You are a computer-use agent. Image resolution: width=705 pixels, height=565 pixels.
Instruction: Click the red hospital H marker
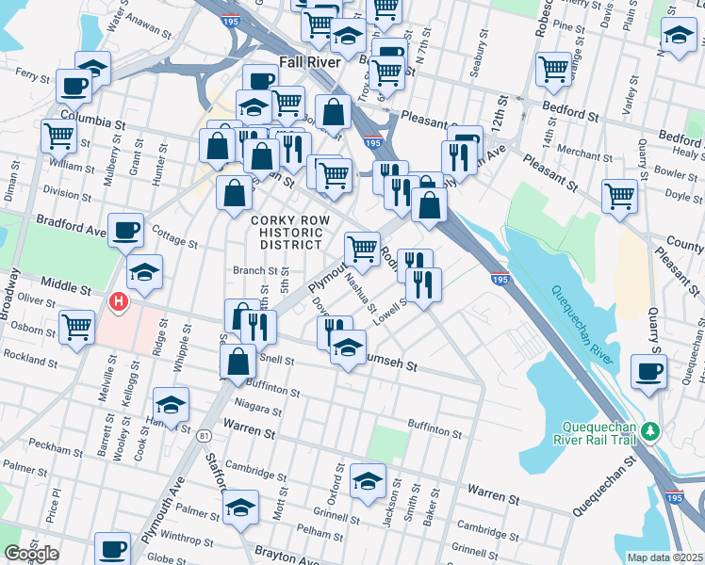tap(119, 302)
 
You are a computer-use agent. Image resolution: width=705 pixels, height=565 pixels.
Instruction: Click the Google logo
tap(31, 554)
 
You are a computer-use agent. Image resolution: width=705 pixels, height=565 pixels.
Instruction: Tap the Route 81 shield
tap(204, 435)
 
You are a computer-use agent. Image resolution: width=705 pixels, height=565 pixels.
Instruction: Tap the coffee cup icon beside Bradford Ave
tap(125, 230)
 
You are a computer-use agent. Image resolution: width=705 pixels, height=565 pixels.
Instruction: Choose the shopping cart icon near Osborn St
tap(76, 327)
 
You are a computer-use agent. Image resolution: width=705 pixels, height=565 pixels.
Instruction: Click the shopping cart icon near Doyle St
tap(619, 195)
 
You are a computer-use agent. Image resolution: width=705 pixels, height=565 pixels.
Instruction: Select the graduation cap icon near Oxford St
tap(368, 481)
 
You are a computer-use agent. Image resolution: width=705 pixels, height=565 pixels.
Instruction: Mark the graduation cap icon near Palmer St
tap(241, 508)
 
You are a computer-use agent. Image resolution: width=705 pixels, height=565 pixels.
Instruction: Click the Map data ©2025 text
tap(664, 557)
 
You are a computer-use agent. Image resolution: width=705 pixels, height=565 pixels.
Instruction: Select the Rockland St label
tap(32, 356)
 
